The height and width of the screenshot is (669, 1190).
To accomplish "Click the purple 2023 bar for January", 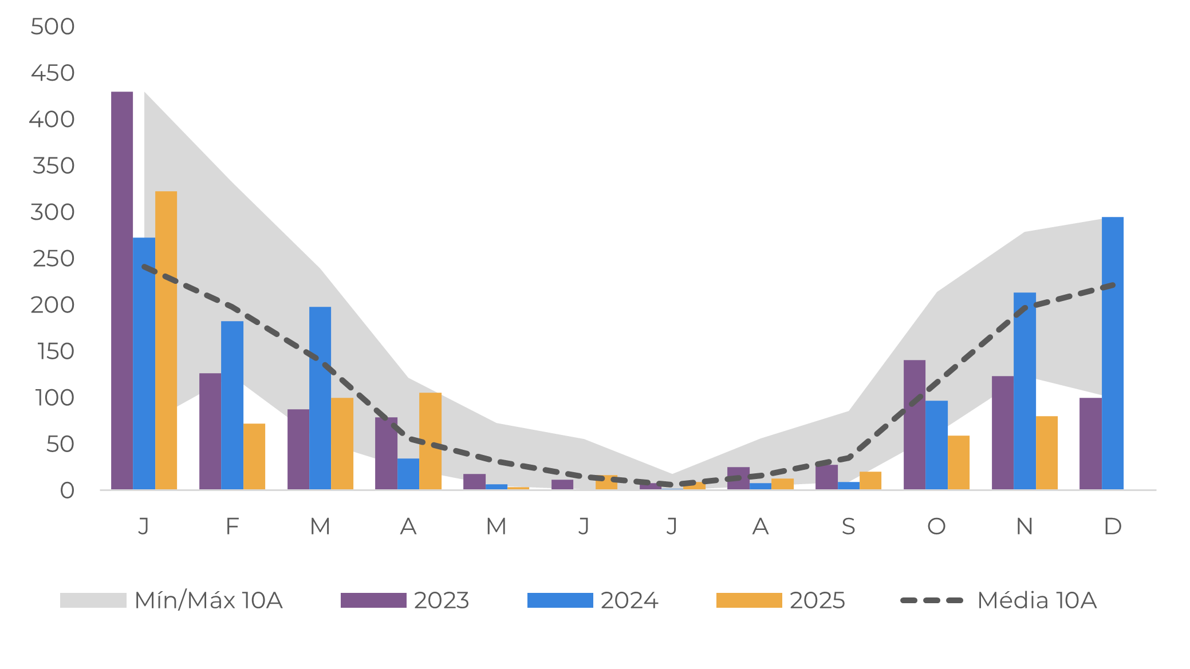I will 122,290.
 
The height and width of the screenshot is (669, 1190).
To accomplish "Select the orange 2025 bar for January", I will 166,340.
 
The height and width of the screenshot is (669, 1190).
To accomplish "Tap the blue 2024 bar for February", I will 232,405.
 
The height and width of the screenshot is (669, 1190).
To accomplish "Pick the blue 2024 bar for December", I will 1112,353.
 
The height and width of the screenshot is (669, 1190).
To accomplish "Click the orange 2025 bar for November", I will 1046,453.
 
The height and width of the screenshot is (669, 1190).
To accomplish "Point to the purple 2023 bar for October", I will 914,425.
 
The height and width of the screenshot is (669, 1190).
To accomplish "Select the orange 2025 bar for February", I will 254,456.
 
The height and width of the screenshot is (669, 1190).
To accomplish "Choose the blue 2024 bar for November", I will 1024,391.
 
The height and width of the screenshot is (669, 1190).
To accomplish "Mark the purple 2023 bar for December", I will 1090,444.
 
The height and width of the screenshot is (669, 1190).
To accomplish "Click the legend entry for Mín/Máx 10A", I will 172,600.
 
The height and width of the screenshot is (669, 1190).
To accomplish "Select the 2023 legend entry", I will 405,600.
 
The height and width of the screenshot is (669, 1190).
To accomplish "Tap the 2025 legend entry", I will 781,600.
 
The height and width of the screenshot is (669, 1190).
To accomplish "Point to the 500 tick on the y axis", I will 52,26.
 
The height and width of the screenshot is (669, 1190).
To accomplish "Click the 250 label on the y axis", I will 53,259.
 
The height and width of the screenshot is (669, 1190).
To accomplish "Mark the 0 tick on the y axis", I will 67,490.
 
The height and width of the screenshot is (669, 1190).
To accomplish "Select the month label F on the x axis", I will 232,526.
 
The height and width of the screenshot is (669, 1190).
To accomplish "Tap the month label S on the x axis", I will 848,526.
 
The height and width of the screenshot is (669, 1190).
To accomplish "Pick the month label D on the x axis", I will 1112,526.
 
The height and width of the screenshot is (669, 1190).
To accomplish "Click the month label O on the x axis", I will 936,526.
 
